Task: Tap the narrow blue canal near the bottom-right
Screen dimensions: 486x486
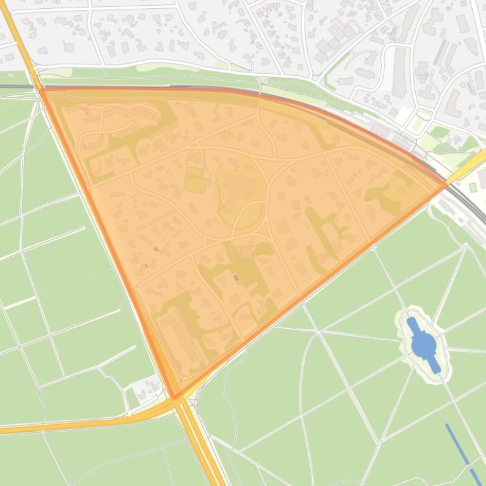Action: click(x=461, y=451)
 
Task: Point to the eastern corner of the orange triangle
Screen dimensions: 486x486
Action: click(x=446, y=184)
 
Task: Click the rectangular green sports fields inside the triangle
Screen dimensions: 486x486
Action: click(x=195, y=179)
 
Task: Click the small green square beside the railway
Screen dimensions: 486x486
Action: click(x=473, y=187)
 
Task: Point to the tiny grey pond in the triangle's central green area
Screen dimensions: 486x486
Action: click(x=236, y=277)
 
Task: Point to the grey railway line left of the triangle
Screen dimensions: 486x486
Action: click(x=16, y=87)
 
